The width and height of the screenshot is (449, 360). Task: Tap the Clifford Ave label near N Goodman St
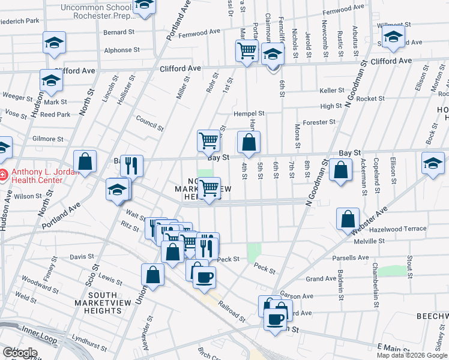[391, 61]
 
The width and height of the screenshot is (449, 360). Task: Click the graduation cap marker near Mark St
[51, 80]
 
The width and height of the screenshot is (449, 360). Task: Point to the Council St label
[149, 123]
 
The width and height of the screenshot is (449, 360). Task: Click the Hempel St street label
[249, 113]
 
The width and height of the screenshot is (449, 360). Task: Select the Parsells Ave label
[351, 258]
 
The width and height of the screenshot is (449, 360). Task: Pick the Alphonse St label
[121, 50]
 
